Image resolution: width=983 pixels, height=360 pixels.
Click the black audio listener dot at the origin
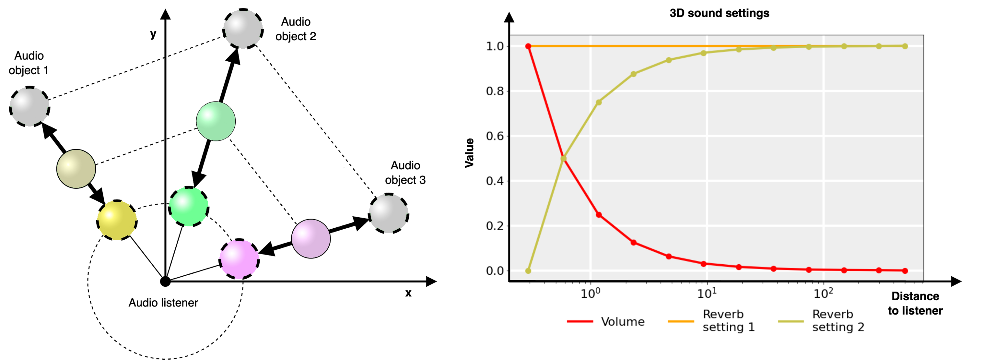tap(165, 282)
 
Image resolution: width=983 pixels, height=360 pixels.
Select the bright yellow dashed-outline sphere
tap(117, 220)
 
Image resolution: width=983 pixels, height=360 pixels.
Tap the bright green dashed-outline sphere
tap(189, 207)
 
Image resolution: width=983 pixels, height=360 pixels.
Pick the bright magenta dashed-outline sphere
tap(239, 258)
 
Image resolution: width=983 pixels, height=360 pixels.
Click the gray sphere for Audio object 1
tap(29, 106)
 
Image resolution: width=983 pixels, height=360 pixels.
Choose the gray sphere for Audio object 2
tap(243, 29)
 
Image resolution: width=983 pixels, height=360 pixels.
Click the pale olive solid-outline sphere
tap(76, 168)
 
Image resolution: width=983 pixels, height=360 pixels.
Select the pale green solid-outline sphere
tap(216, 121)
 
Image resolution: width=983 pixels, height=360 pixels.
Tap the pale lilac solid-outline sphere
tap(310, 238)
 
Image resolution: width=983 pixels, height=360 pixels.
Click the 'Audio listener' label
tap(163, 303)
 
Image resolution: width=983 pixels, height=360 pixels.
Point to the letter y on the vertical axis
tap(153, 34)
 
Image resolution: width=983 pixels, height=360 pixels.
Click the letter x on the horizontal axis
tap(408, 293)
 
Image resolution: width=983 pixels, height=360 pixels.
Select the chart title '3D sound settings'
tap(719, 13)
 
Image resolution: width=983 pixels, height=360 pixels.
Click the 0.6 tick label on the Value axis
tap(495, 136)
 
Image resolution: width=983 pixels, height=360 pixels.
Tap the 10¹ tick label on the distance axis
tap(707, 293)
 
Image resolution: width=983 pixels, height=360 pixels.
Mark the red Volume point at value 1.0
tap(528, 46)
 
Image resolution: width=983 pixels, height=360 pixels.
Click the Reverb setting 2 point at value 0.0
tap(528, 271)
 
